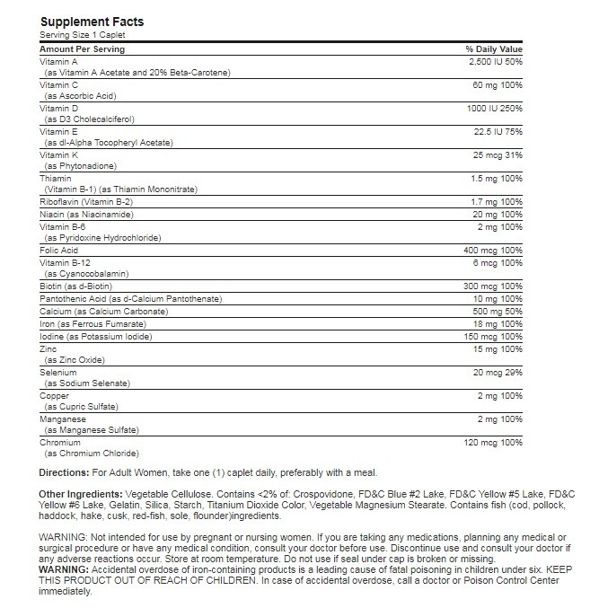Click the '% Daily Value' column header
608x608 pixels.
point(493,48)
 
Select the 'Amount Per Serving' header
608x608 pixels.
point(83,48)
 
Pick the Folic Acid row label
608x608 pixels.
point(59,249)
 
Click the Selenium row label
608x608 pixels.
point(58,372)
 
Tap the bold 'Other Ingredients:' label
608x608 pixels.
point(84,495)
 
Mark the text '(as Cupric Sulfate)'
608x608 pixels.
point(81,407)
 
